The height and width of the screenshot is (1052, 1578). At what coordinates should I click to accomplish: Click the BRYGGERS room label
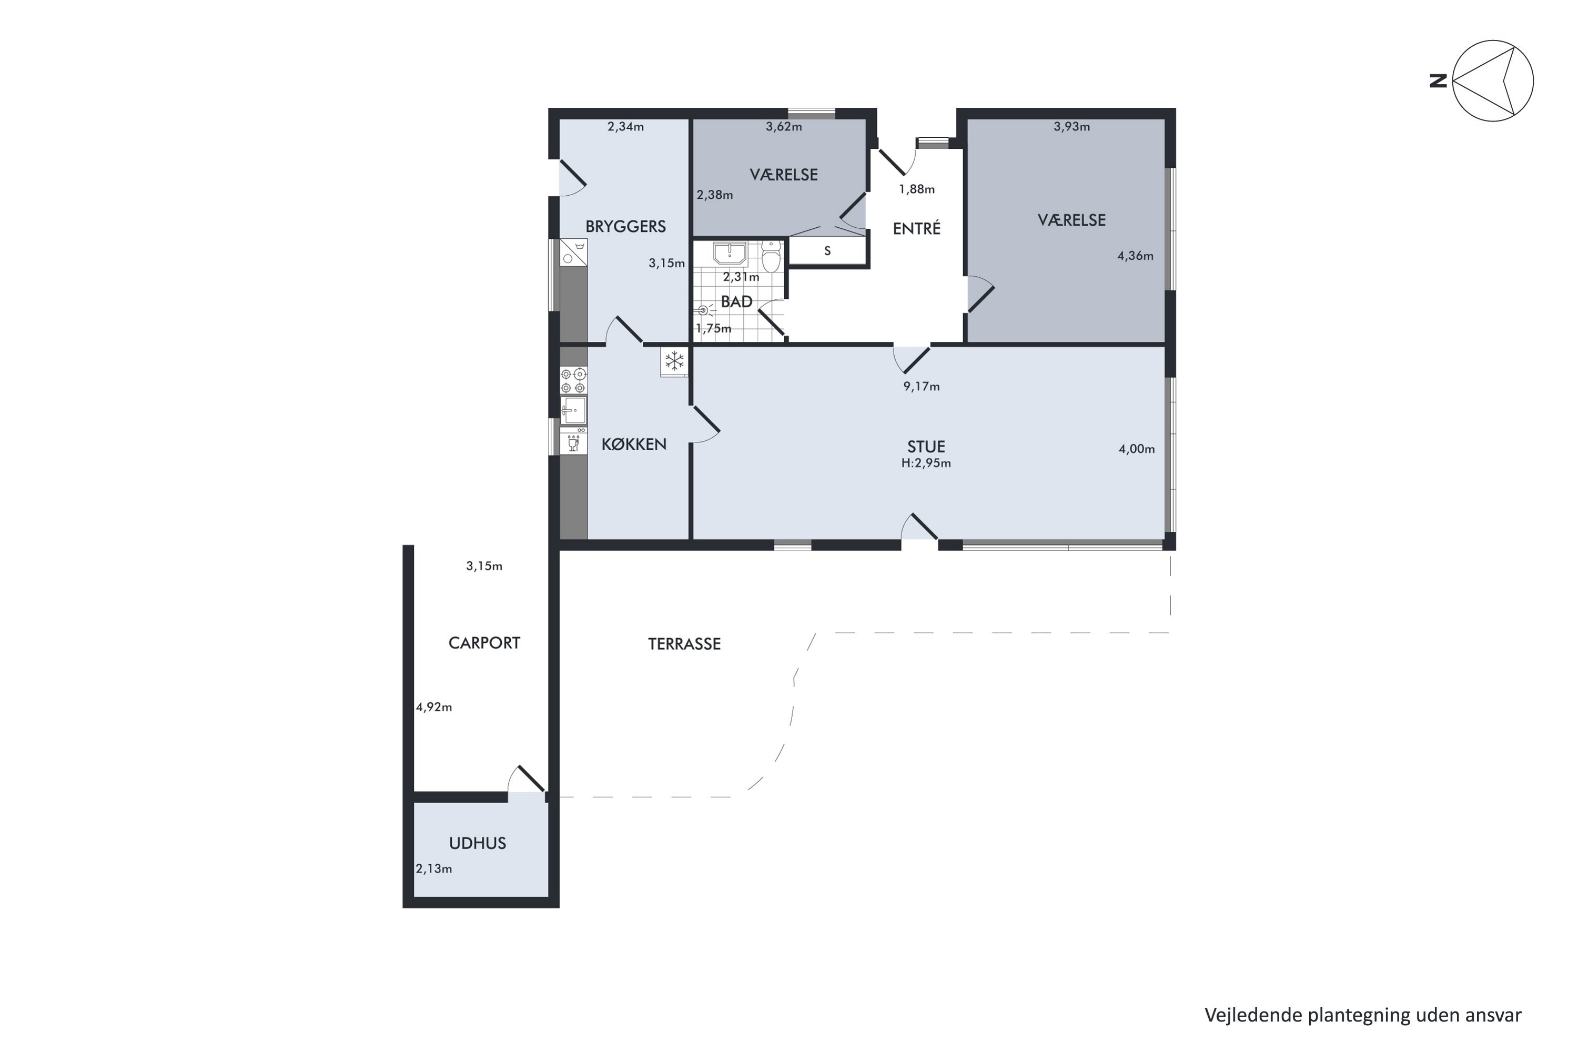click(x=625, y=227)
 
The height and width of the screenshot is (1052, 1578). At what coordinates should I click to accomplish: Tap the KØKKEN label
click(x=634, y=444)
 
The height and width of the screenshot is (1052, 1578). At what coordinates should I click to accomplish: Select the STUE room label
click(x=926, y=447)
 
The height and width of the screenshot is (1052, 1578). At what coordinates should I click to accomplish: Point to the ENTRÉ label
click(x=916, y=228)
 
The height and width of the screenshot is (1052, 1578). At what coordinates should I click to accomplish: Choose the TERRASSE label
click(x=684, y=644)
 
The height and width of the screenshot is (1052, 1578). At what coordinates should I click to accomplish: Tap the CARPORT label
click(x=484, y=643)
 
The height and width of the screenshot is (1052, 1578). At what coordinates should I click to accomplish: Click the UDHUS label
click(x=478, y=843)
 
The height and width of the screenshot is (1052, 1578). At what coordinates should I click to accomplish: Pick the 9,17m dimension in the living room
click(x=921, y=387)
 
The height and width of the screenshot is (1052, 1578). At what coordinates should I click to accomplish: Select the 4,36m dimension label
click(x=1135, y=256)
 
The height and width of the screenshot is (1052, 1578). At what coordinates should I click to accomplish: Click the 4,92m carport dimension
click(x=434, y=707)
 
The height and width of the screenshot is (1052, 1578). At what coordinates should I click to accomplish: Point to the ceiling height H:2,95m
click(x=926, y=463)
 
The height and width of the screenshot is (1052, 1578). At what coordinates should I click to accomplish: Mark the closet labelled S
click(x=828, y=251)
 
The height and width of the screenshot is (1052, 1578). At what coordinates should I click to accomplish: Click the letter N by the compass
click(x=1438, y=81)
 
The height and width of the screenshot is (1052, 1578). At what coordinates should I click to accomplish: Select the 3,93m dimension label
click(x=1071, y=126)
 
